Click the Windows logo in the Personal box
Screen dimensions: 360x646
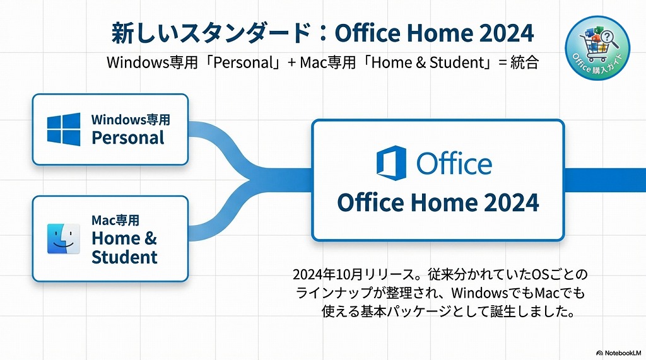point(64,129)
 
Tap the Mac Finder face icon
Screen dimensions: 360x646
point(64,239)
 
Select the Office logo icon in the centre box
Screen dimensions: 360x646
point(391,162)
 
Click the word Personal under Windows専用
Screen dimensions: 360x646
point(128,138)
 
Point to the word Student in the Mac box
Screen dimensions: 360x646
point(124,257)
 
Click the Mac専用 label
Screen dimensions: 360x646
point(115,221)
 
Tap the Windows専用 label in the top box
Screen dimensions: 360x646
point(131,120)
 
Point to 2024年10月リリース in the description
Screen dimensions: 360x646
point(348,275)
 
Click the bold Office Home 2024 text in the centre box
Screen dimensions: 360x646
point(438,203)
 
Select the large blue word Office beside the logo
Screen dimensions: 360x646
point(454,163)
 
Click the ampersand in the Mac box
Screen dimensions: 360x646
point(150,239)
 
